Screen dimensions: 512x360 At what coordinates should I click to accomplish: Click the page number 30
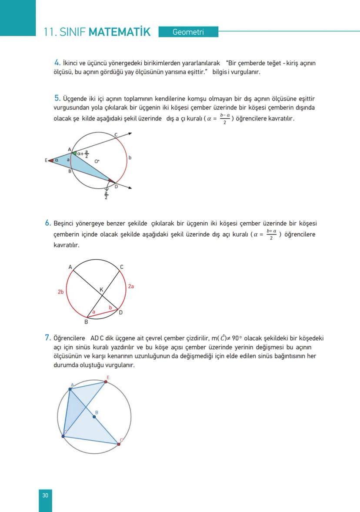pyautogui.click(x=45, y=495)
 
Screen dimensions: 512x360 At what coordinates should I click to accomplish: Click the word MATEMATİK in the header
pyautogui.click(x=119, y=32)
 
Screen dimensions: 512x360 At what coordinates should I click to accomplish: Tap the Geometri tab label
pyautogui.click(x=188, y=32)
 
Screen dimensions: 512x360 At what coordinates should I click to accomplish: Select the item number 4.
pyautogui.click(x=57, y=63)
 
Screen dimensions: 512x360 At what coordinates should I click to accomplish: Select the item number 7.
pyautogui.click(x=48, y=337)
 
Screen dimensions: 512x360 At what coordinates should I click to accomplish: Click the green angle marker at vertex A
pyautogui.click(x=74, y=153)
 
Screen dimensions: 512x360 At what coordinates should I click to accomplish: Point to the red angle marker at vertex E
pyautogui.click(x=51, y=161)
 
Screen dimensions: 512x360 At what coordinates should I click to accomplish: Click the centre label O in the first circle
pyautogui.click(x=97, y=161)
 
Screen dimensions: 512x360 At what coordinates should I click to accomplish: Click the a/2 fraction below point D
pyautogui.click(x=106, y=197)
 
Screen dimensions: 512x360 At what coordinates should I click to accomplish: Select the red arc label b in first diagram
pyautogui.click(x=130, y=157)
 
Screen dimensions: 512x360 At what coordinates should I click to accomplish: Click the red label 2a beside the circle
pyautogui.click(x=130, y=287)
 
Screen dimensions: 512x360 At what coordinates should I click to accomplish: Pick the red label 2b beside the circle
pyautogui.click(x=61, y=292)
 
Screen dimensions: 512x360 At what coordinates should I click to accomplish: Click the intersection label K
pyautogui.click(x=101, y=290)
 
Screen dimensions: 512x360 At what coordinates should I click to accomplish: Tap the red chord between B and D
pyautogui.click(x=103, y=313)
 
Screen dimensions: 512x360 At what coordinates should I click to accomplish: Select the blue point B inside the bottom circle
pyautogui.click(x=94, y=417)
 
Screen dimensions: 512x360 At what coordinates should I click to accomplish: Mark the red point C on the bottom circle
pyautogui.click(x=118, y=444)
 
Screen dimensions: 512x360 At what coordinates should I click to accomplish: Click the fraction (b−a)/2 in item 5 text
pyautogui.click(x=224, y=119)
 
